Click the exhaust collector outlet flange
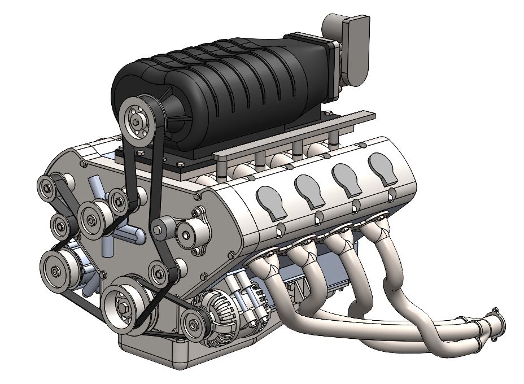[497, 322]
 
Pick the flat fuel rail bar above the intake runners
[294, 136]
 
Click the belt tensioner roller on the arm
[158, 229]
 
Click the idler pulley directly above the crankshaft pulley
[158, 273]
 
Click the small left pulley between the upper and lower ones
[60, 226]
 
